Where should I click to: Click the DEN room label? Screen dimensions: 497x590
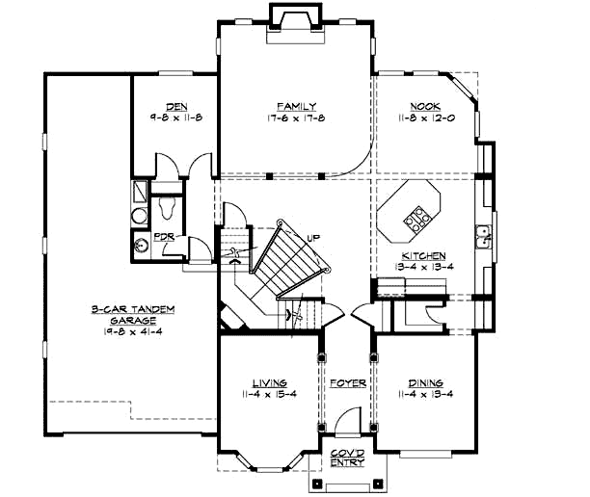tap(174, 106)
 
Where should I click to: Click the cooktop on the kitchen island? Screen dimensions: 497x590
tap(418, 221)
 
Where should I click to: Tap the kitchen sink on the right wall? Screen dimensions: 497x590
tap(482, 234)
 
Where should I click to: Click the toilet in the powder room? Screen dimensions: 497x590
tap(166, 203)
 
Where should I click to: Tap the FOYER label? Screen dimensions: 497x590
tap(346, 382)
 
